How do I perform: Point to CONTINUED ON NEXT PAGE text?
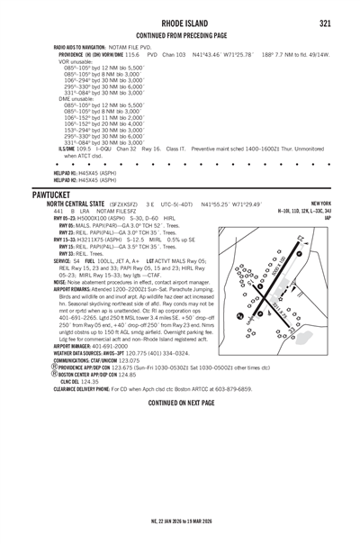[181, 429]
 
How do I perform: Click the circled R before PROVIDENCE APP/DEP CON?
[55, 394]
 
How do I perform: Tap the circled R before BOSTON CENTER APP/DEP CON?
[55, 401]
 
